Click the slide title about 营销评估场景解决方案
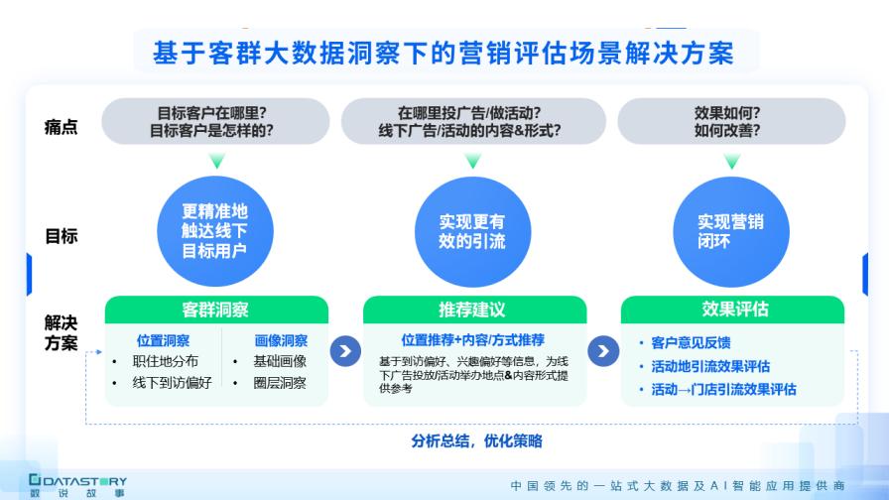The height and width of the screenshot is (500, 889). pyautogui.click(x=444, y=52)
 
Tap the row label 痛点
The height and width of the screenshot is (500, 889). pyautogui.click(x=61, y=127)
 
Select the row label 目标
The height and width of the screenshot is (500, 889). pyautogui.click(x=61, y=236)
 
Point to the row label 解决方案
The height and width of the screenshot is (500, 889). pyautogui.click(x=61, y=332)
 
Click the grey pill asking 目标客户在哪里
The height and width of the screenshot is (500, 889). pyautogui.click(x=216, y=121)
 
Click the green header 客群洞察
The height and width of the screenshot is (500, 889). pyautogui.click(x=216, y=310)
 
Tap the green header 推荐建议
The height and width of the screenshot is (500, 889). pyautogui.click(x=472, y=310)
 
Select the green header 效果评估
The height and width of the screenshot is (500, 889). pyautogui.click(x=732, y=310)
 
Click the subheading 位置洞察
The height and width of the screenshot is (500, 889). pyautogui.click(x=163, y=340)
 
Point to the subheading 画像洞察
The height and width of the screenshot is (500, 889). pyautogui.click(x=281, y=340)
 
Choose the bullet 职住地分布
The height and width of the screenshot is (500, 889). pyautogui.click(x=167, y=361)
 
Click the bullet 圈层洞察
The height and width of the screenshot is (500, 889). pyautogui.click(x=280, y=383)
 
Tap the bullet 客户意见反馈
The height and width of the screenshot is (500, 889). pyautogui.click(x=691, y=343)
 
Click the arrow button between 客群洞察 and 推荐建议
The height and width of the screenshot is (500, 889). pyautogui.click(x=345, y=351)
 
